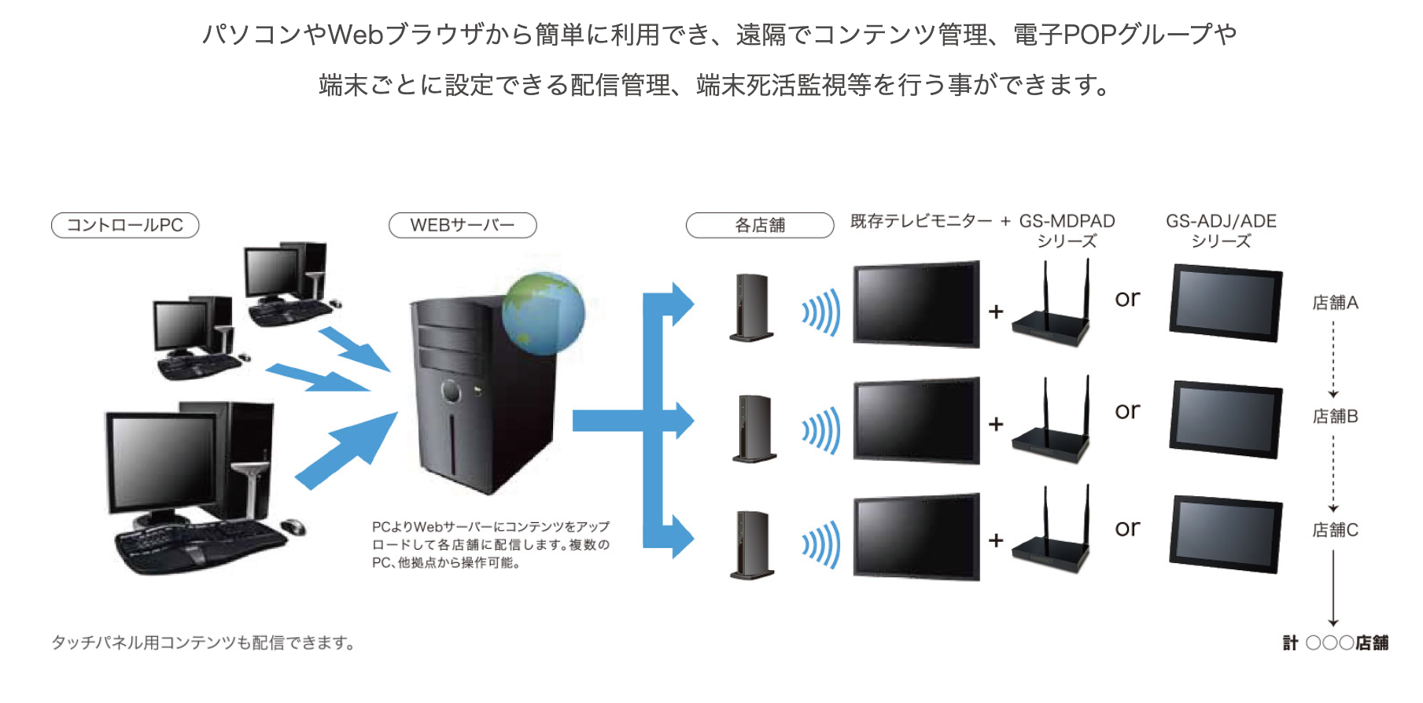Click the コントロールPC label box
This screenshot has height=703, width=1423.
point(125,226)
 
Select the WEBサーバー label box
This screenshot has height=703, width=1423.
point(463,226)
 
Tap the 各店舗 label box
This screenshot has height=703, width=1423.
point(760,226)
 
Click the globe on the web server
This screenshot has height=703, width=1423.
point(544,312)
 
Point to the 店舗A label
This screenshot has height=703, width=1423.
point(1335,303)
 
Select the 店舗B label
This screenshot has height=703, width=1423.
point(1335,416)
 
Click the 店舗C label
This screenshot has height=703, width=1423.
point(1335,530)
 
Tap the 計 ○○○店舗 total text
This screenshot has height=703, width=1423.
point(1335,643)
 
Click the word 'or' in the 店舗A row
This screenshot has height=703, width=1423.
point(1127,299)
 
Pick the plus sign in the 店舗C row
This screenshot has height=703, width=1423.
point(996,540)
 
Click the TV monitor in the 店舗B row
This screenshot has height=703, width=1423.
point(916,421)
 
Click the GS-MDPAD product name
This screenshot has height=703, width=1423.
point(1067,222)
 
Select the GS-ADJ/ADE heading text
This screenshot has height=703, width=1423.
point(1221,222)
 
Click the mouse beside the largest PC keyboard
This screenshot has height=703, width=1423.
point(293,526)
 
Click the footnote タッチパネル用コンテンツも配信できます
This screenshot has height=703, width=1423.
point(203,643)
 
